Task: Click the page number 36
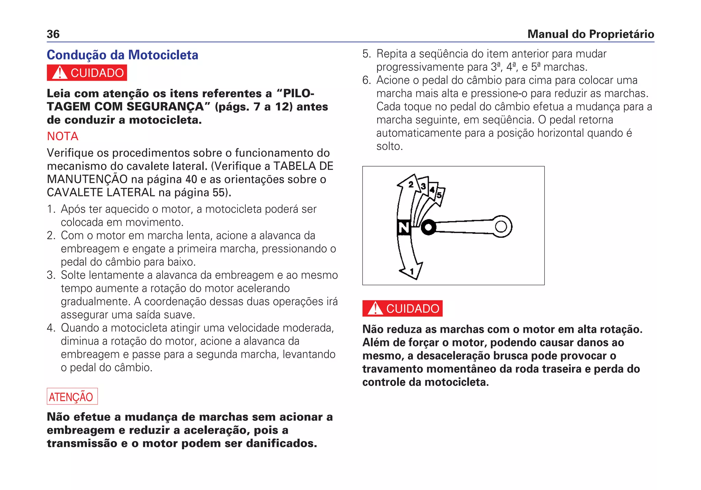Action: pyautogui.click(x=53, y=34)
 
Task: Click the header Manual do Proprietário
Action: pyautogui.click(x=590, y=34)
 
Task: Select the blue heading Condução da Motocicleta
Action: pyautogui.click(x=122, y=55)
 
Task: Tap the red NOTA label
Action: pyautogui.click(x=63, y=136)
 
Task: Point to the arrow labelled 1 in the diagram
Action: pyautogui.click(x=412, y=272)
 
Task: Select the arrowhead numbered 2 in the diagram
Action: pyautogui.click(x=410, y=184)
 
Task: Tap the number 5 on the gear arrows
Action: pyautogui.click(x=439, y=195)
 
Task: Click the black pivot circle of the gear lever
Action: pyautogui.click(x=428, y=227)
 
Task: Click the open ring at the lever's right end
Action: pyautogui.click(x=501, y=226)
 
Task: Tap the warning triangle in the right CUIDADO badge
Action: pyautogui.click(x=375, y=308)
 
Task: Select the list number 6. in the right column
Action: pyautogui.click(x=367, y=80)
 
